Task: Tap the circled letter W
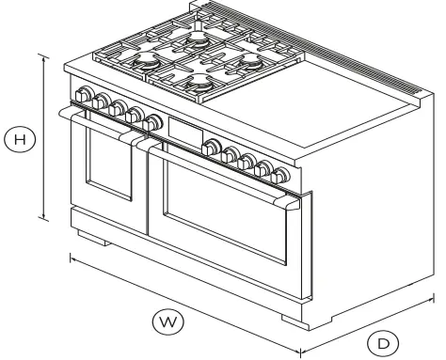[x=167, y=322]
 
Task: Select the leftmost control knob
[x=85, y=96]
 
